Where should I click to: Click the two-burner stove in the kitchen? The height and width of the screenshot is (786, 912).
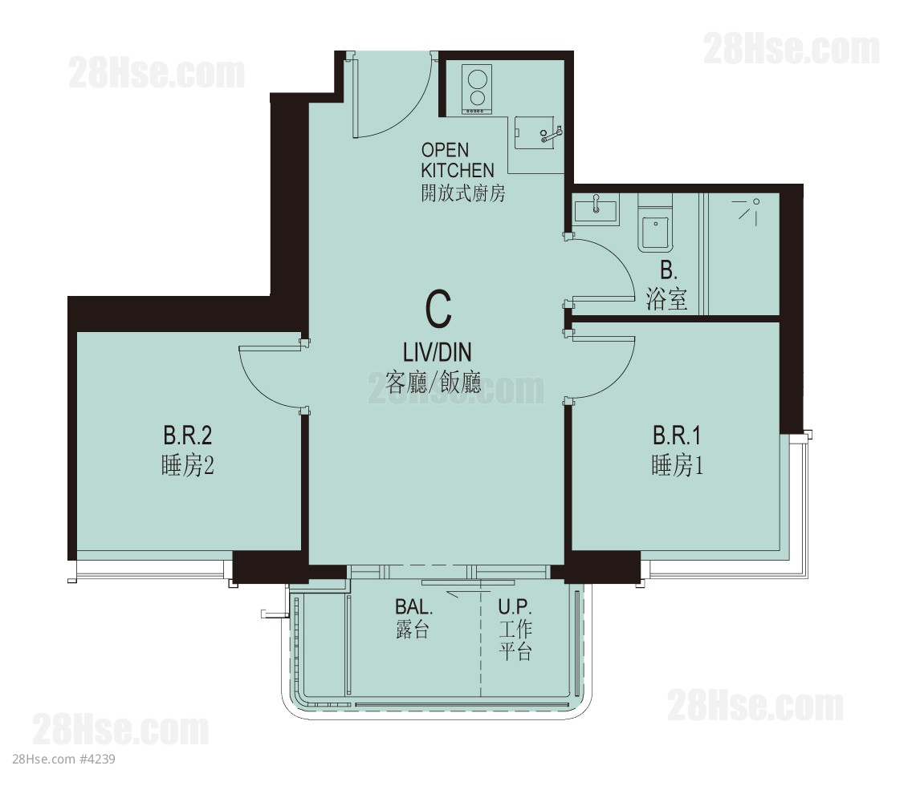click(477, 90)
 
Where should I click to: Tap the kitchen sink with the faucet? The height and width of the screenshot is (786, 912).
click(539, 133)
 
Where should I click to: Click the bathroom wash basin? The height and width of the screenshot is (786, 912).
click(596, 209)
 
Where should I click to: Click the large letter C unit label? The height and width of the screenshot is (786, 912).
click(438, 309)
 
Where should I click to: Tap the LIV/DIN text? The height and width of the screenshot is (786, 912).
click(438, 352)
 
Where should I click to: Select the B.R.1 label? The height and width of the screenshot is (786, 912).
click(677, 436)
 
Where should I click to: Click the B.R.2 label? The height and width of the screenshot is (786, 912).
click(187, 436)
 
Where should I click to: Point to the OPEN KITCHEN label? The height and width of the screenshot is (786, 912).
click(457, 160)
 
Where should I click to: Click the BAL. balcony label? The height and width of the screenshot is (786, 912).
click(413, 607)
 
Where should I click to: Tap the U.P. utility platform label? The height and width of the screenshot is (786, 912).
click(515, 607)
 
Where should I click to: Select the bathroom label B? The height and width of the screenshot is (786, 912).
click(668, 270)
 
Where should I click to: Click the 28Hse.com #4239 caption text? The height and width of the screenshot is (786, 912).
click(63, 759)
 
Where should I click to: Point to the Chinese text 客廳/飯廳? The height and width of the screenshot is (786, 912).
click(434, 383)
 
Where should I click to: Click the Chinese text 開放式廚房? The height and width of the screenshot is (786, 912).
click(463, 192)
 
